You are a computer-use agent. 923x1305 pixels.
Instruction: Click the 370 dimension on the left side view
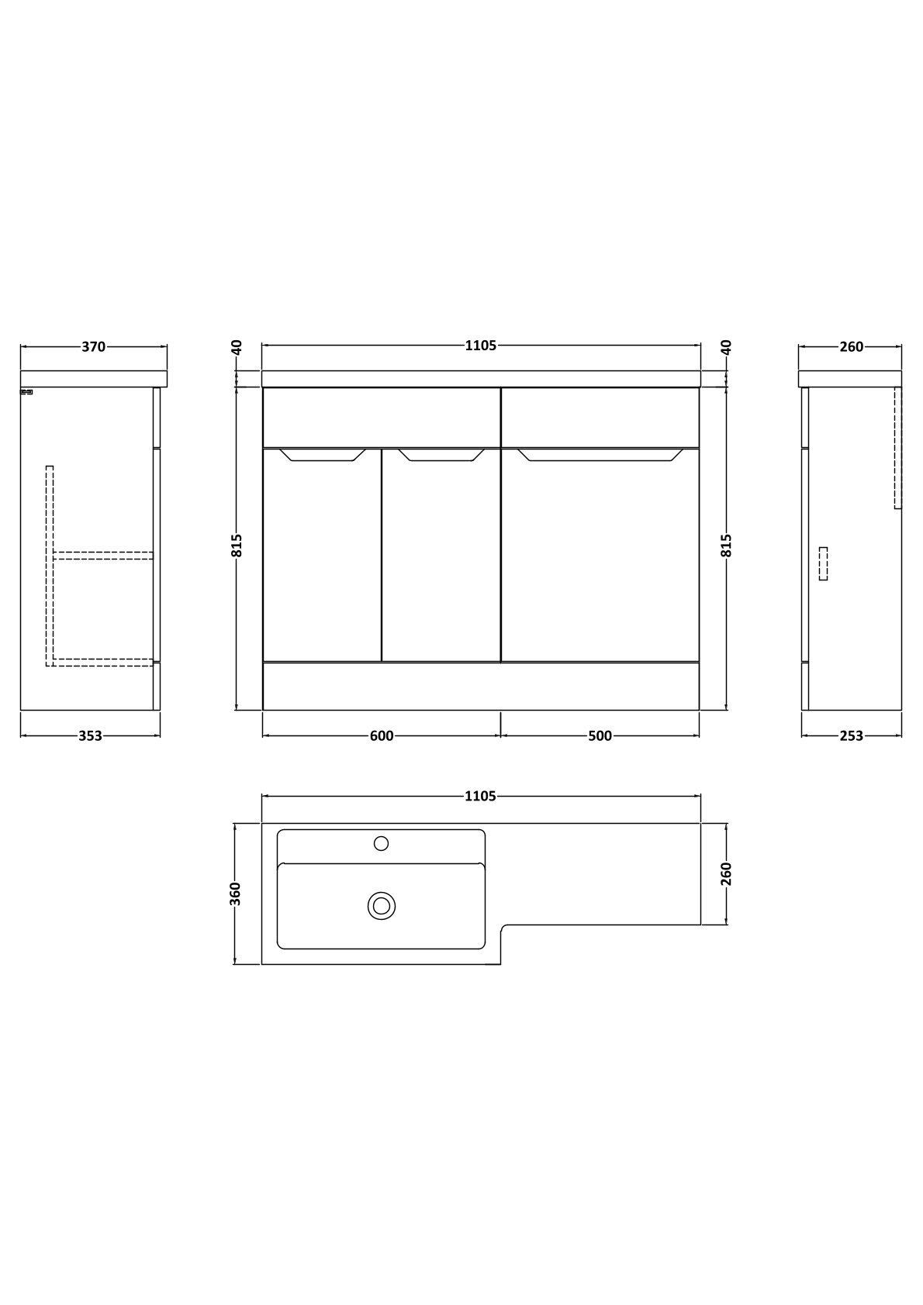click(93, 346)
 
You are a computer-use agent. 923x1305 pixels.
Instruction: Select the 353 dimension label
click(91, 736)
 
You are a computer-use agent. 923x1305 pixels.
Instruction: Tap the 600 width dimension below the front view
click(382, 736)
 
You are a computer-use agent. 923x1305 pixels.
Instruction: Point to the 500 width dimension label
click(600, 736)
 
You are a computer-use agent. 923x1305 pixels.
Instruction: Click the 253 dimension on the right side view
click(852, 736)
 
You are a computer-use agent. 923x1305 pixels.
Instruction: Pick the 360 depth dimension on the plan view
click(236, 894)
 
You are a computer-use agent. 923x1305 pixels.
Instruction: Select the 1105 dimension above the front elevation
click(481, 346)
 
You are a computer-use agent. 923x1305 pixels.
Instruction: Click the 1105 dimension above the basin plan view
click(481, 796)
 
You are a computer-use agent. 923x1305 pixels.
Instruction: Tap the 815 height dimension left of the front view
click(237, 546)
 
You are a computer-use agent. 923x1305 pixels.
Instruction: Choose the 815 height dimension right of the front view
click(726, 546)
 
